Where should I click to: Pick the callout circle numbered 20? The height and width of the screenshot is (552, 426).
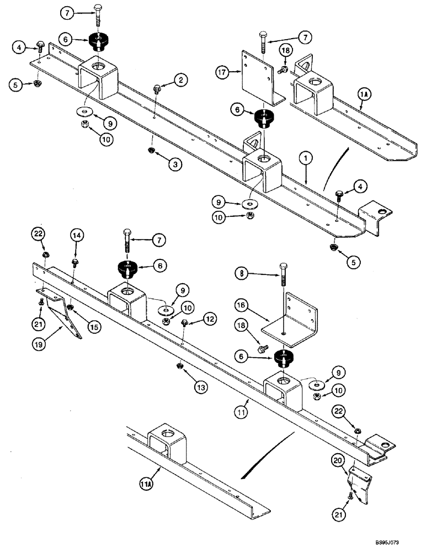[x=338, y=459]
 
